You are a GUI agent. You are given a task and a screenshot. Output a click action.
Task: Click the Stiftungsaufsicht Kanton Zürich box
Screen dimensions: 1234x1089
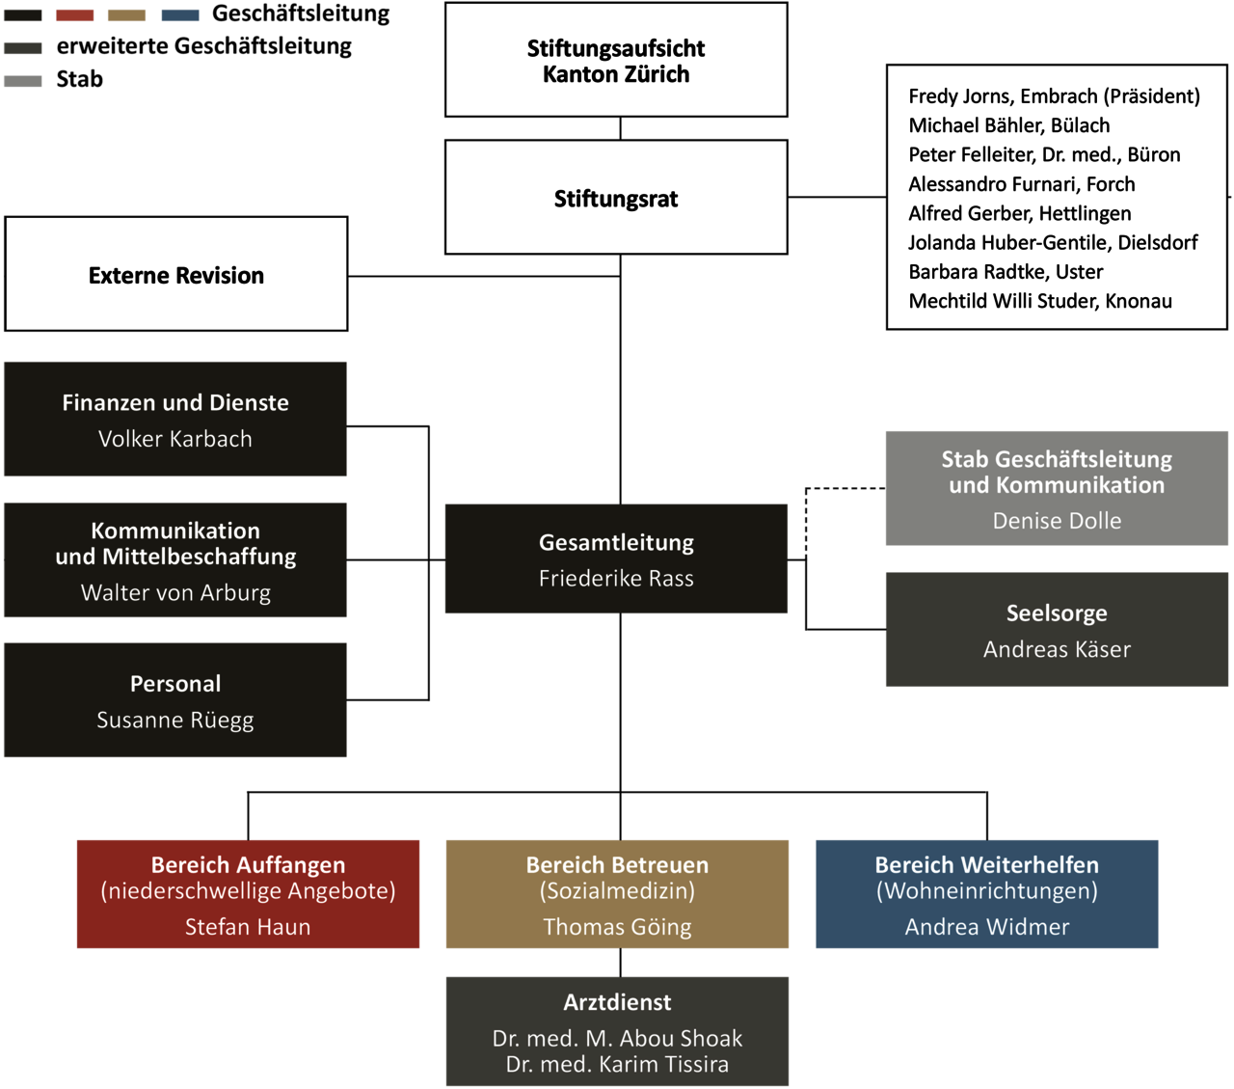[616, 60]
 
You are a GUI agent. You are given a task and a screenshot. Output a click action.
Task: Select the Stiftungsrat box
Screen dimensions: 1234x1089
[616, 198]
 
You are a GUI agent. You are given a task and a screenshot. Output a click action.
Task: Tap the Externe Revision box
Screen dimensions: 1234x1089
[176, 274]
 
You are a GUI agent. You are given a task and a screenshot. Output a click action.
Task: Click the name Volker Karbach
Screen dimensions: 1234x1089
[175, 439]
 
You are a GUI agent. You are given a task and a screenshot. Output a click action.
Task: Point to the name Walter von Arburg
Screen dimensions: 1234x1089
[175, 592]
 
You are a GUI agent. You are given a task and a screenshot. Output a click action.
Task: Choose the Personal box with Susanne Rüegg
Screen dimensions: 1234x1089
[175, 700]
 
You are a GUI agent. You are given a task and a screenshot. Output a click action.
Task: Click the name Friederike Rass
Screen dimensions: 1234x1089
[616, 579]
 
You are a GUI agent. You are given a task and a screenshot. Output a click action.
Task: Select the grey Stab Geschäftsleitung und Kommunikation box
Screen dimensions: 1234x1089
[1057, 488]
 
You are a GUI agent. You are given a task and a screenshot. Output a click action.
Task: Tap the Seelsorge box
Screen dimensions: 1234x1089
[1057, 630]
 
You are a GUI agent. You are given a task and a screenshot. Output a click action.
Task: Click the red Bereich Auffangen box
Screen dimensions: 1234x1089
[248, 894]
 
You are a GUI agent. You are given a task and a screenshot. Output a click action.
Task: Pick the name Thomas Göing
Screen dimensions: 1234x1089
[617, 927]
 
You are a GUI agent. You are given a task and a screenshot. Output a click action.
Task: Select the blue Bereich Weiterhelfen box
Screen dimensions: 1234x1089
[986, 894]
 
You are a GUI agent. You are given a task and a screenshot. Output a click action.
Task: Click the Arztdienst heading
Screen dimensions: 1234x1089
[617, 1002]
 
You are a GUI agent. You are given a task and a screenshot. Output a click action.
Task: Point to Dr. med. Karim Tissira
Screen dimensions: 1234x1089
[617, 1064]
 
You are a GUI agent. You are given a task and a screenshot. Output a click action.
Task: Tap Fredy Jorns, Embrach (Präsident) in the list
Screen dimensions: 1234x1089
[1055, 96]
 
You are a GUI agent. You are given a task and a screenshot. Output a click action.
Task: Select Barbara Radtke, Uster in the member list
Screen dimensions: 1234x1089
[1006, 272]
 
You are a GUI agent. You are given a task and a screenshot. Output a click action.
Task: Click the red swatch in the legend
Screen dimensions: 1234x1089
[75, 15]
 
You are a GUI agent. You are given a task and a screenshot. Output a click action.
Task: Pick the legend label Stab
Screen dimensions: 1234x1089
[80, 79]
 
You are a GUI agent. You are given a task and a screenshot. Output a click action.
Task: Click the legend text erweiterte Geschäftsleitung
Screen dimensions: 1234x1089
[204, 46]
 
